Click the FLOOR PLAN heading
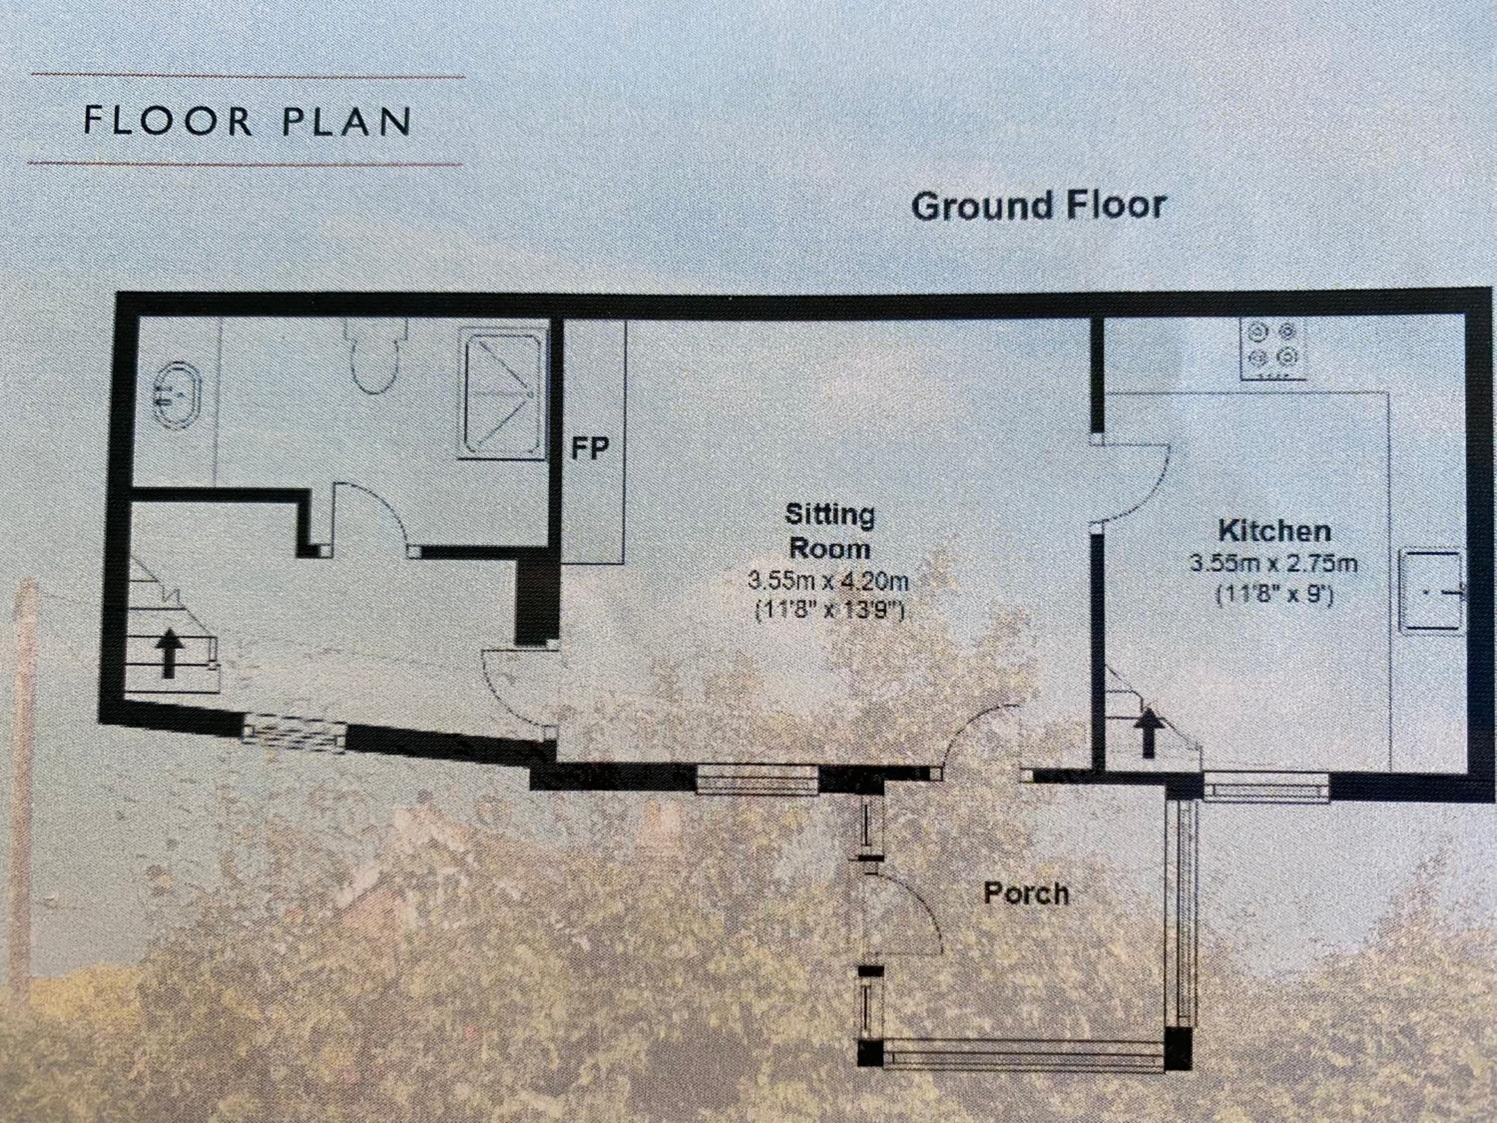click(247, 121)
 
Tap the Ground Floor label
click(1038, 206)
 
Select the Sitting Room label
click(830, 532)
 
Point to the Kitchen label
click(1275, 531)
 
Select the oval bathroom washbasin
click(176, 395)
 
